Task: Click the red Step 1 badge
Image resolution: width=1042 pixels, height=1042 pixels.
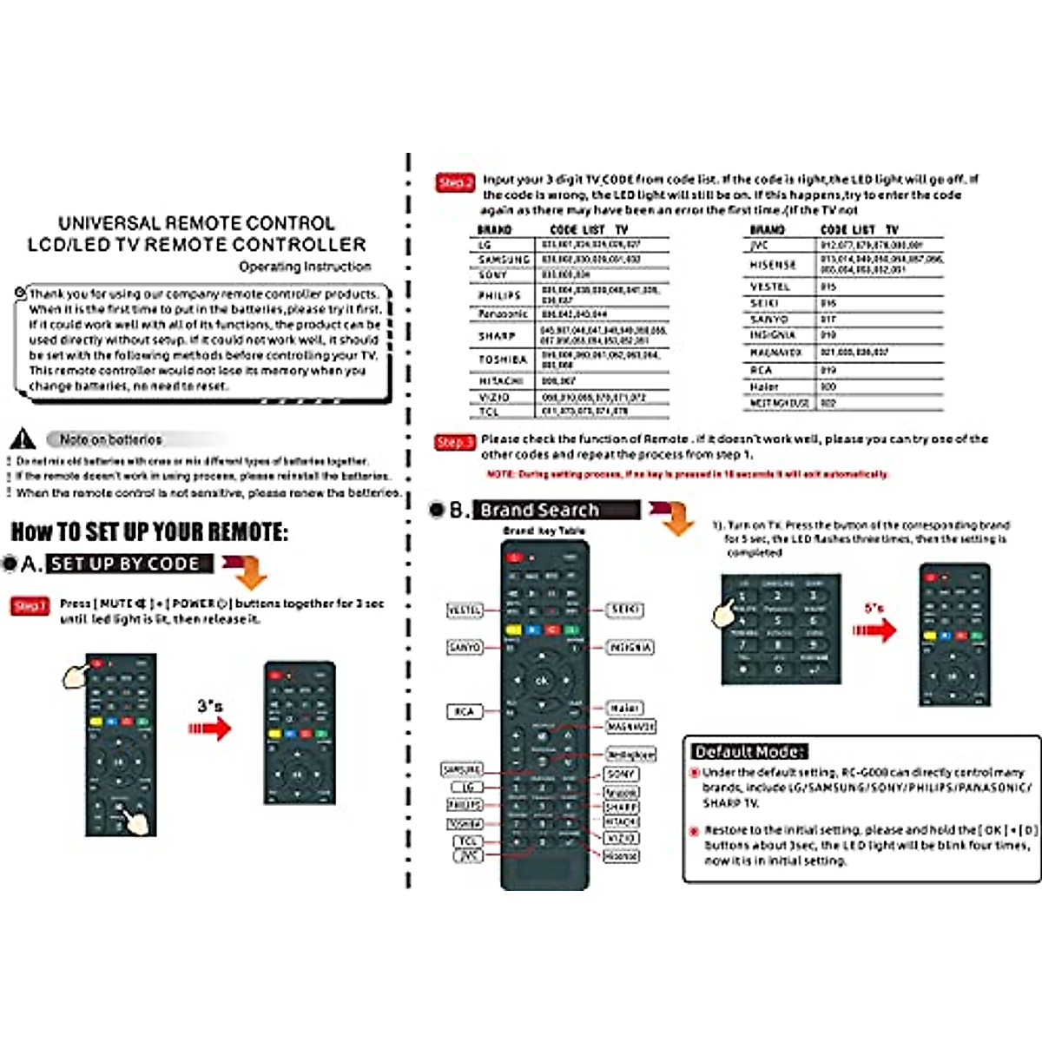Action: [30, 605]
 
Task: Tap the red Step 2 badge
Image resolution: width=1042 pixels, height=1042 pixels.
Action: [455, 182]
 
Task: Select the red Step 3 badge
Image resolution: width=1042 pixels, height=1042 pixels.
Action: [455, 442]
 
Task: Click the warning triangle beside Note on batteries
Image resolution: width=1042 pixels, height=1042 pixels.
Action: [23, 439]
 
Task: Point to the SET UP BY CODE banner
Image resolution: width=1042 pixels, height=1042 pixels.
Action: [129, 564]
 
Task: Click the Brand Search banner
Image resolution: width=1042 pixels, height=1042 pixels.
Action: [556, 510]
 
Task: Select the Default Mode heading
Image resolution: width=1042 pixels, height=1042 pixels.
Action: [749, 752]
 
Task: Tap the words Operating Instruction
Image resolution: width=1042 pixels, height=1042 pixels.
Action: [305, 267]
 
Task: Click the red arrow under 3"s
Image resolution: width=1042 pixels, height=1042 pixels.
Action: [210, 728]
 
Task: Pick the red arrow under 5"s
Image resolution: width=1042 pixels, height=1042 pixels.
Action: [874, 630]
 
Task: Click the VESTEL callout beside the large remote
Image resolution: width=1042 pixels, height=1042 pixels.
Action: [464, 610]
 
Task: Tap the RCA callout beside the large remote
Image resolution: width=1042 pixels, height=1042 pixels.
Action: [464, 711]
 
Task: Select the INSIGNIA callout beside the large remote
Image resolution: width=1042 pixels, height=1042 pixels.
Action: [630, 648]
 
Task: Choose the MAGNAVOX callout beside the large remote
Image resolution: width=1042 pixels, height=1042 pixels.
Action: [630, 727]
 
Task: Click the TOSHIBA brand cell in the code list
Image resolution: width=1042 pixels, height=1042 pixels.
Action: [503, 359]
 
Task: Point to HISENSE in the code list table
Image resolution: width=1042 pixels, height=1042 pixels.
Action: [773, 265]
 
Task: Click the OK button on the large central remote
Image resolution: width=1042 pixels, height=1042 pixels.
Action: [542, 681]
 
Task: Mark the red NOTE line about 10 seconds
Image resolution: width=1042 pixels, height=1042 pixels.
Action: [687, 474]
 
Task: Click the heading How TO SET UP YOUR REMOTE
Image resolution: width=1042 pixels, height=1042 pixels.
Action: [149, 531]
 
